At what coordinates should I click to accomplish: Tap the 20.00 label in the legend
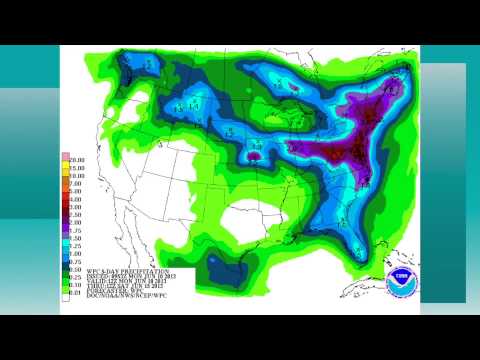[x=74, y=158]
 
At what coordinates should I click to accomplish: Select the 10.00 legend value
[x=74, y=172]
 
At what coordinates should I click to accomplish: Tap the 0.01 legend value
[x=74, y=291]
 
